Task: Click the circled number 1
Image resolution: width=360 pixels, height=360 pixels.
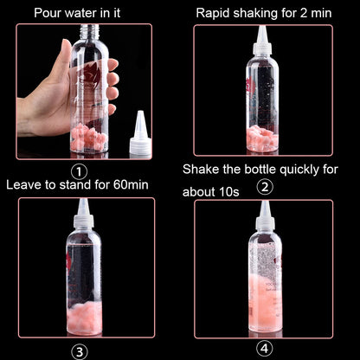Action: [x=79, y=171]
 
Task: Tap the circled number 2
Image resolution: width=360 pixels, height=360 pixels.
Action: [x=266, y=186]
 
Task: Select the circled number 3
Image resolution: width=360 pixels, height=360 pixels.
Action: [x=80, y=350]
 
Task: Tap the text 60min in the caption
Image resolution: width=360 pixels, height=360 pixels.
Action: [x=126, y=185]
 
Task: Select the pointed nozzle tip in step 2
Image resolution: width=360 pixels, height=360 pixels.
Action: [x=261, y=32]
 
